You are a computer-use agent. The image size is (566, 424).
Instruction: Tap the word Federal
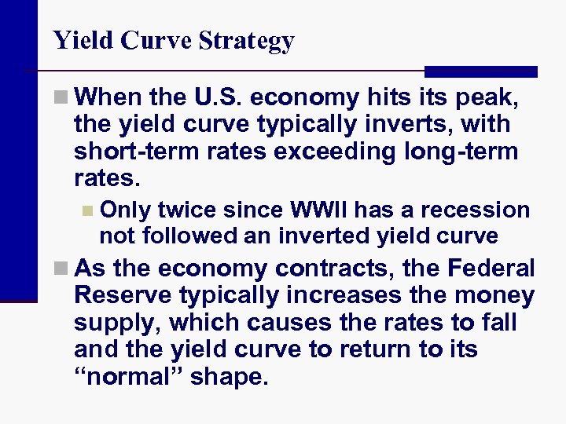pyautogui.click(x=491, y=268)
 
